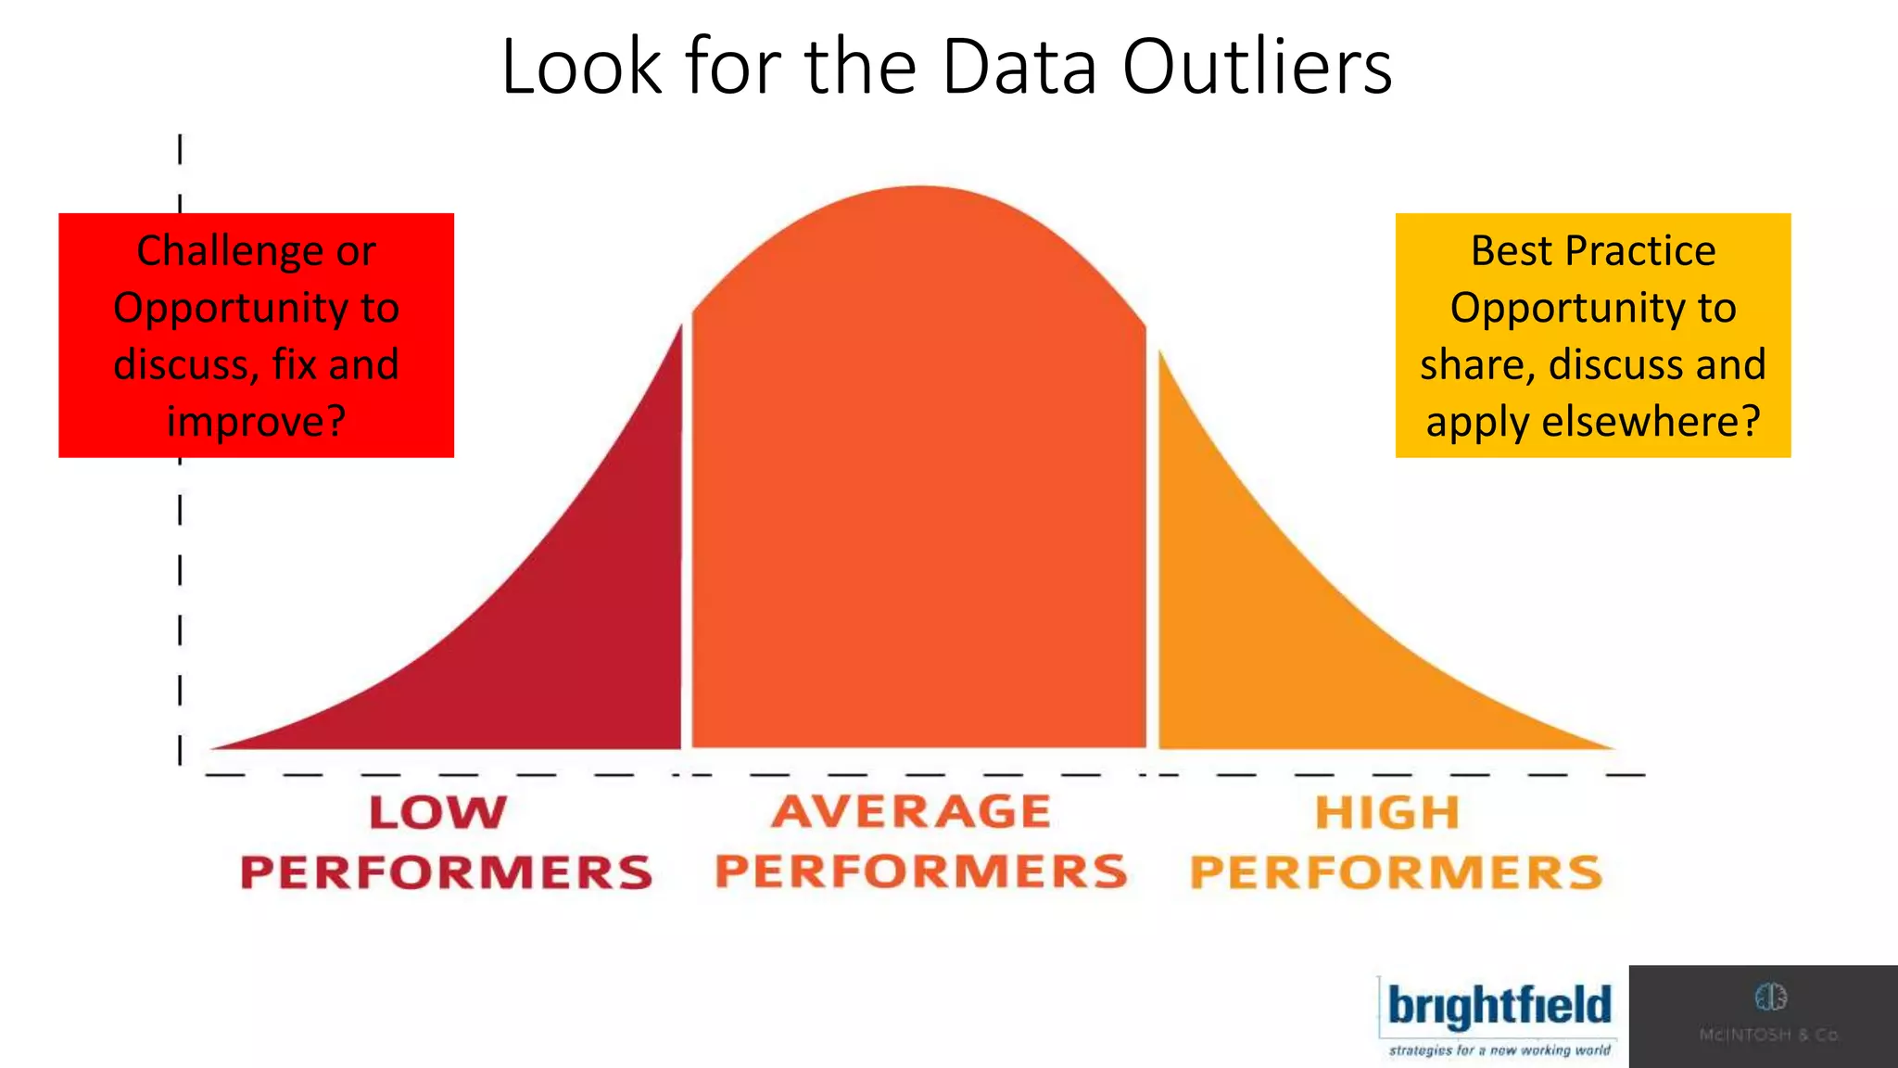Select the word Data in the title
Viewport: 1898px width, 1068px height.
tap(1019, 67)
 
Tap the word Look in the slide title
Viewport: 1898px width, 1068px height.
tap(582, 67)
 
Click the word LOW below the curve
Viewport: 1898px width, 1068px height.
tap(438, 813)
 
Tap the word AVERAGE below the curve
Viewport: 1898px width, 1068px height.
tap(912, 812)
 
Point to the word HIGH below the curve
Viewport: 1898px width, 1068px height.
tap(1387, 813)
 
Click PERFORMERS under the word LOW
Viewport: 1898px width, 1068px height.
tap(446, 872)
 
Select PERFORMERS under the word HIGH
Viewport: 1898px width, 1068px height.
tap(1396, 872)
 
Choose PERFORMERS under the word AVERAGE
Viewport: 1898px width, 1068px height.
tap(921, 871)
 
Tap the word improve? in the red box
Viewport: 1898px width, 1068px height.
tap(256, 422)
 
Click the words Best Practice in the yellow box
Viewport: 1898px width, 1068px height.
tap(1592, 251)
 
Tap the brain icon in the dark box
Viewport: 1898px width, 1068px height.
tap(1770, 998)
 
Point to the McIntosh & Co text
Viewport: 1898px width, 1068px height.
tap(1769, 1035)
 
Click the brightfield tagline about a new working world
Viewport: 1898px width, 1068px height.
tap(1499, 1050)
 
